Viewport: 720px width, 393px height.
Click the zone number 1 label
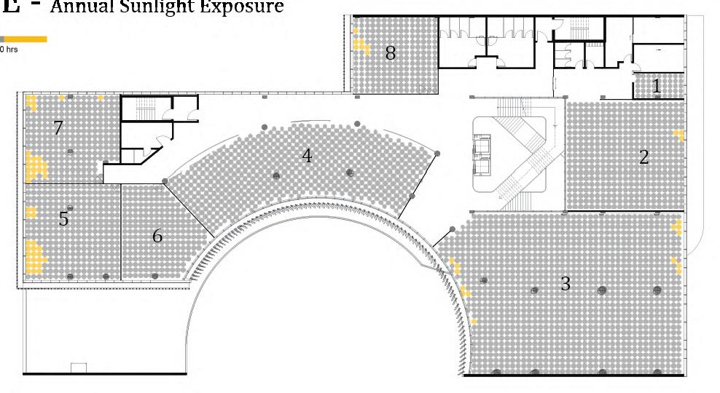[x=657, y=87]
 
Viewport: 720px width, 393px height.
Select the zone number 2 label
[x=643, y=156]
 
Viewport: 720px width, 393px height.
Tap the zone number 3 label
[x=566, y=284]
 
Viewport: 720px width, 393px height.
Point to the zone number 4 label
[x=307, y=156]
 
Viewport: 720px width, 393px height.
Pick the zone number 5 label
[x=63, y=218]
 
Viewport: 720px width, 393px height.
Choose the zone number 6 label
[x=157, y=236]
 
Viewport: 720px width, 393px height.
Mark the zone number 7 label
[x=58, y=128]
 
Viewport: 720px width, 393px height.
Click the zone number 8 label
[x=391, y=52]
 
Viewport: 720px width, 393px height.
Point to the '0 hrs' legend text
[x=9, y=49]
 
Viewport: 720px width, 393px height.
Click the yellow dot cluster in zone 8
[x=360, y=44]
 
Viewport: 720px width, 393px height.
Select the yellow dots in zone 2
[x=679, y=135]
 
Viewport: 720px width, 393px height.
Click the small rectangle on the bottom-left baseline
[x=78, y=368]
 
